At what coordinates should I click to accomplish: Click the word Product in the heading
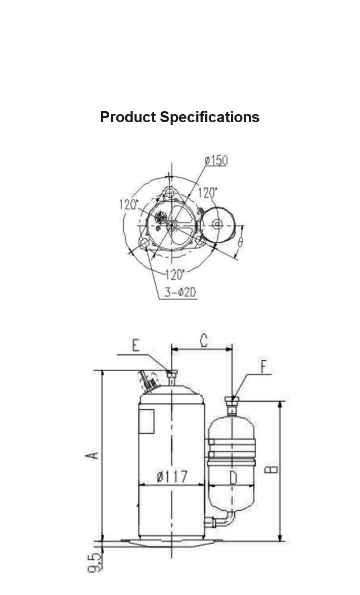coord(128,117)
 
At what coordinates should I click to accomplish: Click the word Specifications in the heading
coord(210,117)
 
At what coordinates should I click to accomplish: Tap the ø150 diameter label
coord(217,161)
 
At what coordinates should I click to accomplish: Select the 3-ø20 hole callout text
coord(180,292)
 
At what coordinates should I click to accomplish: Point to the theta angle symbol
coord(240,242)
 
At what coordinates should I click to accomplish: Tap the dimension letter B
coord(271,470)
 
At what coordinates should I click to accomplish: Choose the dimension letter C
coord(204,340)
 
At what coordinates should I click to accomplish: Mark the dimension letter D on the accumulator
coord(233,477)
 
